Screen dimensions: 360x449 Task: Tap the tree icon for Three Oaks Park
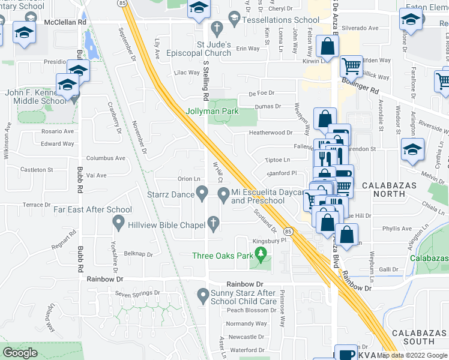(261, 256)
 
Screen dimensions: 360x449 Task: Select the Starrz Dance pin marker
(203, 193)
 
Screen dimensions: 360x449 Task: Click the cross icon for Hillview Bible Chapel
(212, 223)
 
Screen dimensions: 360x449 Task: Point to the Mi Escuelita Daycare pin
(223, 193)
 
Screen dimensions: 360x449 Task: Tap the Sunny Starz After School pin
(203, 295)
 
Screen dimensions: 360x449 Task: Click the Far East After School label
(92, 209)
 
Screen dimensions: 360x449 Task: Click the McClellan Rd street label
(65, 22)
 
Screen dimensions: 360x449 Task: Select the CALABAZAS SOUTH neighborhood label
(417, 337)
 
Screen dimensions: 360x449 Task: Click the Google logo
(20, 353)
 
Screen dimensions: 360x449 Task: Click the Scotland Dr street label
(264, 221)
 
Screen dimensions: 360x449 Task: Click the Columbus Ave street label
(106, 158)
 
